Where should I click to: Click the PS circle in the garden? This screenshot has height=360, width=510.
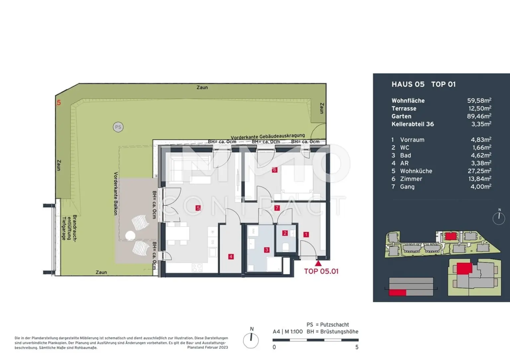pyautogui.click(x=118, y=127)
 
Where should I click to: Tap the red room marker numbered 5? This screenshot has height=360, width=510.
pyautogui.click(x=198, y=208)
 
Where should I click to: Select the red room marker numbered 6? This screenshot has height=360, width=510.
pyautogui.click(x=275, y=170)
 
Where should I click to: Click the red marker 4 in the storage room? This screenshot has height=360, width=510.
pyautogui.click(x=231, y=257)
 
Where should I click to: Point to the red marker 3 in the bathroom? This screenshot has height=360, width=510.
pyautogui.click(x=267, y=250)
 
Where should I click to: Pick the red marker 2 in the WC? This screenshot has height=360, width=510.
pyautogui.click(x=285, y=233)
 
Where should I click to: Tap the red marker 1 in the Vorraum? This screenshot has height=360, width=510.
pyautogui.click(x=306, y=234)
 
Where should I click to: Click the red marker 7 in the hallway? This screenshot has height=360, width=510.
pyautogui.click(x=277, y=208)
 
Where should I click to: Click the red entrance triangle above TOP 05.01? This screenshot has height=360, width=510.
pyautogui.click(x=318, y=263)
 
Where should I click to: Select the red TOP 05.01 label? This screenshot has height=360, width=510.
pyautogui.click(x=321, y=271)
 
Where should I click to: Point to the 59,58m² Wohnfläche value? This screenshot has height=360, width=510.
pyautogui.click(x=479, y=100)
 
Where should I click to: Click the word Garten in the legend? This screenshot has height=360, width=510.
pyautogui.click(x=401, y=116)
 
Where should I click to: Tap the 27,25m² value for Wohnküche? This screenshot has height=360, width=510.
pyautogui.click(x=479, y=171)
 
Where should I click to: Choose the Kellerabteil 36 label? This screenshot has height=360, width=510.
pyautogui.click(x=413, y=124)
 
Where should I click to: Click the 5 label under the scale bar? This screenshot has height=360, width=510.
pyautogui.click(x=357, y=347)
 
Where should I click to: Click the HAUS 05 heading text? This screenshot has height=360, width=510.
pyautogui.click(x=408, y=84)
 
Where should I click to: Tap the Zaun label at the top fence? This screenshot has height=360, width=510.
pyautogui.click(x=202, y=87)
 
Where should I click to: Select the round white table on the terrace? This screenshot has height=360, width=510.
pyautogui.click(x=130, y=236)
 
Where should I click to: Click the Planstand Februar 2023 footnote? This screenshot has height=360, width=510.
pyautogui.click(x=208, y=347)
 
